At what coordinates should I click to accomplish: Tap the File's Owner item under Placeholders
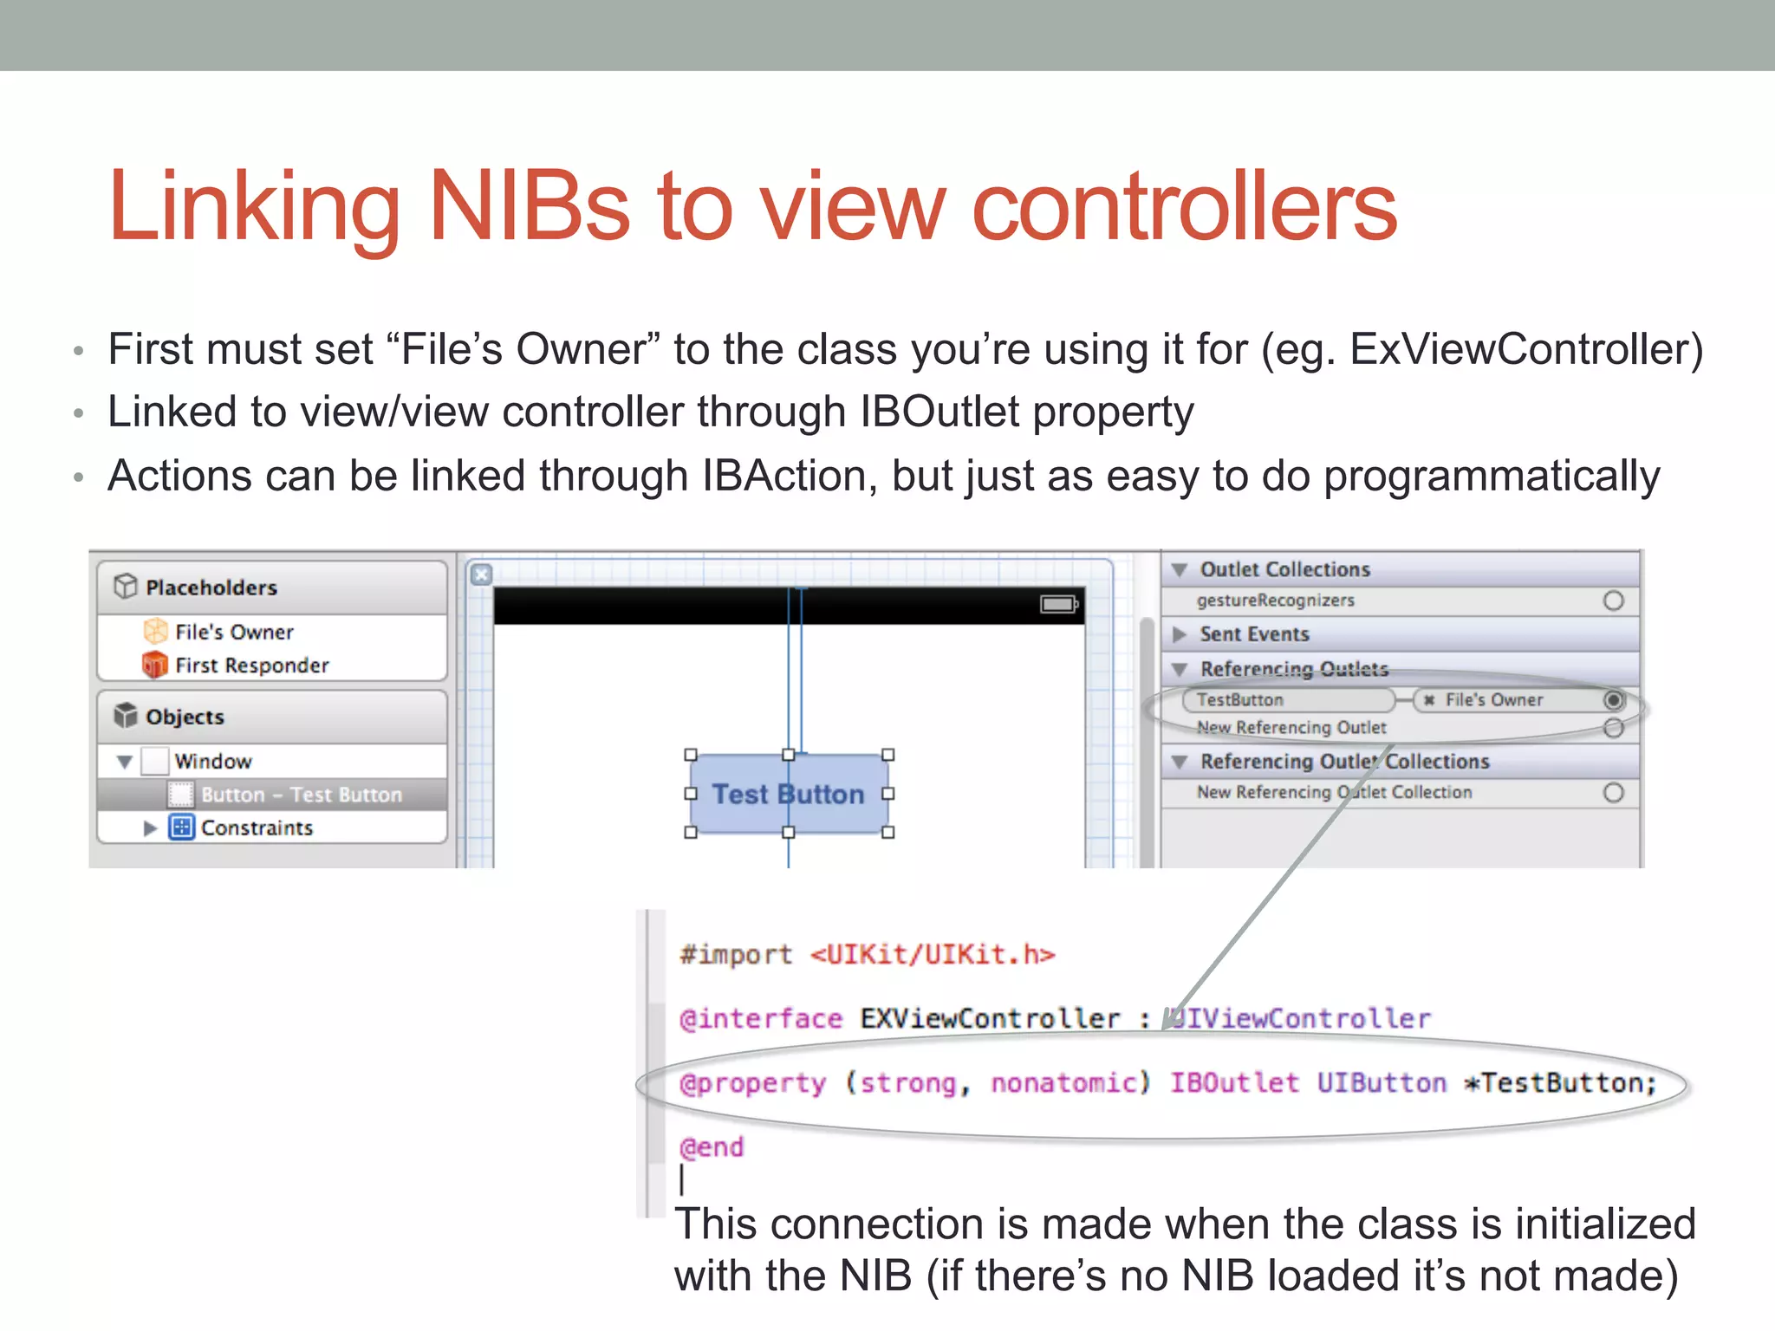click(233, 632)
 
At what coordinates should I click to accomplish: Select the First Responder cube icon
click(155, 665)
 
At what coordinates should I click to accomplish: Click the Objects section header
click(185, 717)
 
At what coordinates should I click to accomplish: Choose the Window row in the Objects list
click(212, 761)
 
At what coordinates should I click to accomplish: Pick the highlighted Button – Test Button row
click(301, 795)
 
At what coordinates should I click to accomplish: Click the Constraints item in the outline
click(257, 828)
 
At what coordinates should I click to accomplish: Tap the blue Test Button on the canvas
click(788, 794)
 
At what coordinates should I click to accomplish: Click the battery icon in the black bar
click(1058, 604)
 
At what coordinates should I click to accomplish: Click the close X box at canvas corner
click(482, 575)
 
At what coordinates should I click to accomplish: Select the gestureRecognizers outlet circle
click(1613, 601)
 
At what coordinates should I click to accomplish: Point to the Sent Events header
click(1253, 634)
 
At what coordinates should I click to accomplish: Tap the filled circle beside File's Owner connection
click(1613, 699)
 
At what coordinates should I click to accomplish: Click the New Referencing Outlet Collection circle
click(1613, 793)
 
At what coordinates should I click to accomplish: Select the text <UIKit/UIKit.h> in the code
click(933, 954)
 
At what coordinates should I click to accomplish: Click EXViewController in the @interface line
click(990, 1018)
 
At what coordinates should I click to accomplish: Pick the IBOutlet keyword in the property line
click(1234, 1083)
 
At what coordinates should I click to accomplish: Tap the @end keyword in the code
click(712, 1147)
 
